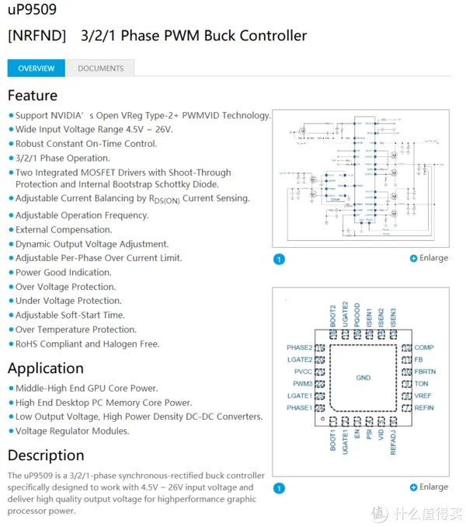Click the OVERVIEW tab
pos(37,68)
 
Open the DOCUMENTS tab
pos(100,68)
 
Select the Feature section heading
pos(33,96)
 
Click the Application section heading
pos(46,368)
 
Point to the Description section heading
pos(46,455)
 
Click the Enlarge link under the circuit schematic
pos(429,258)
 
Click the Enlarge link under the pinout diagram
pos(429,487)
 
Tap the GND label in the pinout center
pos(363,378)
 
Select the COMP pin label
pos(424,347)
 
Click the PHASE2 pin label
pos(299,347)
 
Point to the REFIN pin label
pos(424,407)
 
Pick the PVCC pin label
pos(302,372)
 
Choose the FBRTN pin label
pos(425,372)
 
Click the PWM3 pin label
pos(302,384)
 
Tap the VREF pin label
pos(423,396)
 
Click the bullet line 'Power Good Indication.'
pos(63,273)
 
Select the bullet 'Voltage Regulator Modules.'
pos(72,431)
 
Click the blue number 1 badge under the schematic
pos(280,259)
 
